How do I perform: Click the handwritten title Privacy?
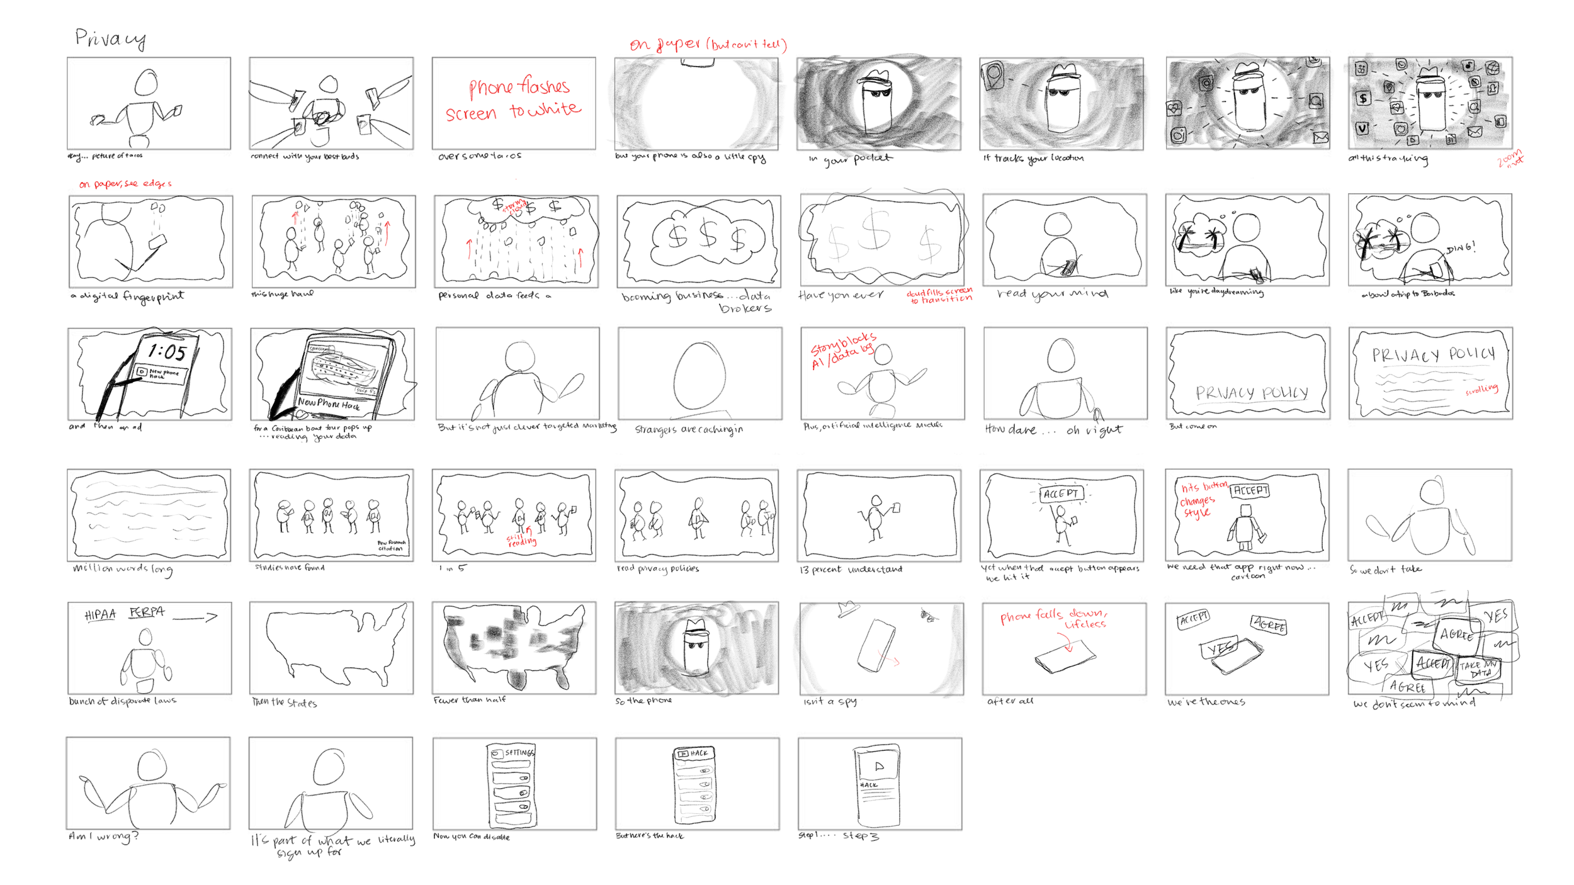pyautogui.click(x=110, y=39)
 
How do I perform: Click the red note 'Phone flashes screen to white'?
pyautogui.click(x=513, y=99)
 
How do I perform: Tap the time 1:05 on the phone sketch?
pyautogui.click(x=167, y=352)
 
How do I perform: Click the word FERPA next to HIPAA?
pyautogui.click(x=147, y=612)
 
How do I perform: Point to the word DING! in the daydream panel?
pyautogui.click(x=1460, y=248)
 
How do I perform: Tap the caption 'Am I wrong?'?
pyautogui.click(x=103, y=837)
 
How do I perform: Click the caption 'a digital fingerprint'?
pyautogui.click(x=127, y=296)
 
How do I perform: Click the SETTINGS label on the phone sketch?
pyautogui.click(x=519, y=752)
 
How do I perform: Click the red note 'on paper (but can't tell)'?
pyautogui.click(x=708, y=44)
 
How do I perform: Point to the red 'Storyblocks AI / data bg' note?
pyautogui.click(x=842, y=351)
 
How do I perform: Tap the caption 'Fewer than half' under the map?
pyautogui.click(x=469, y=700)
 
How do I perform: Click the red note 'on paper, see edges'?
pyautogui.click(x=125, y=184)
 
